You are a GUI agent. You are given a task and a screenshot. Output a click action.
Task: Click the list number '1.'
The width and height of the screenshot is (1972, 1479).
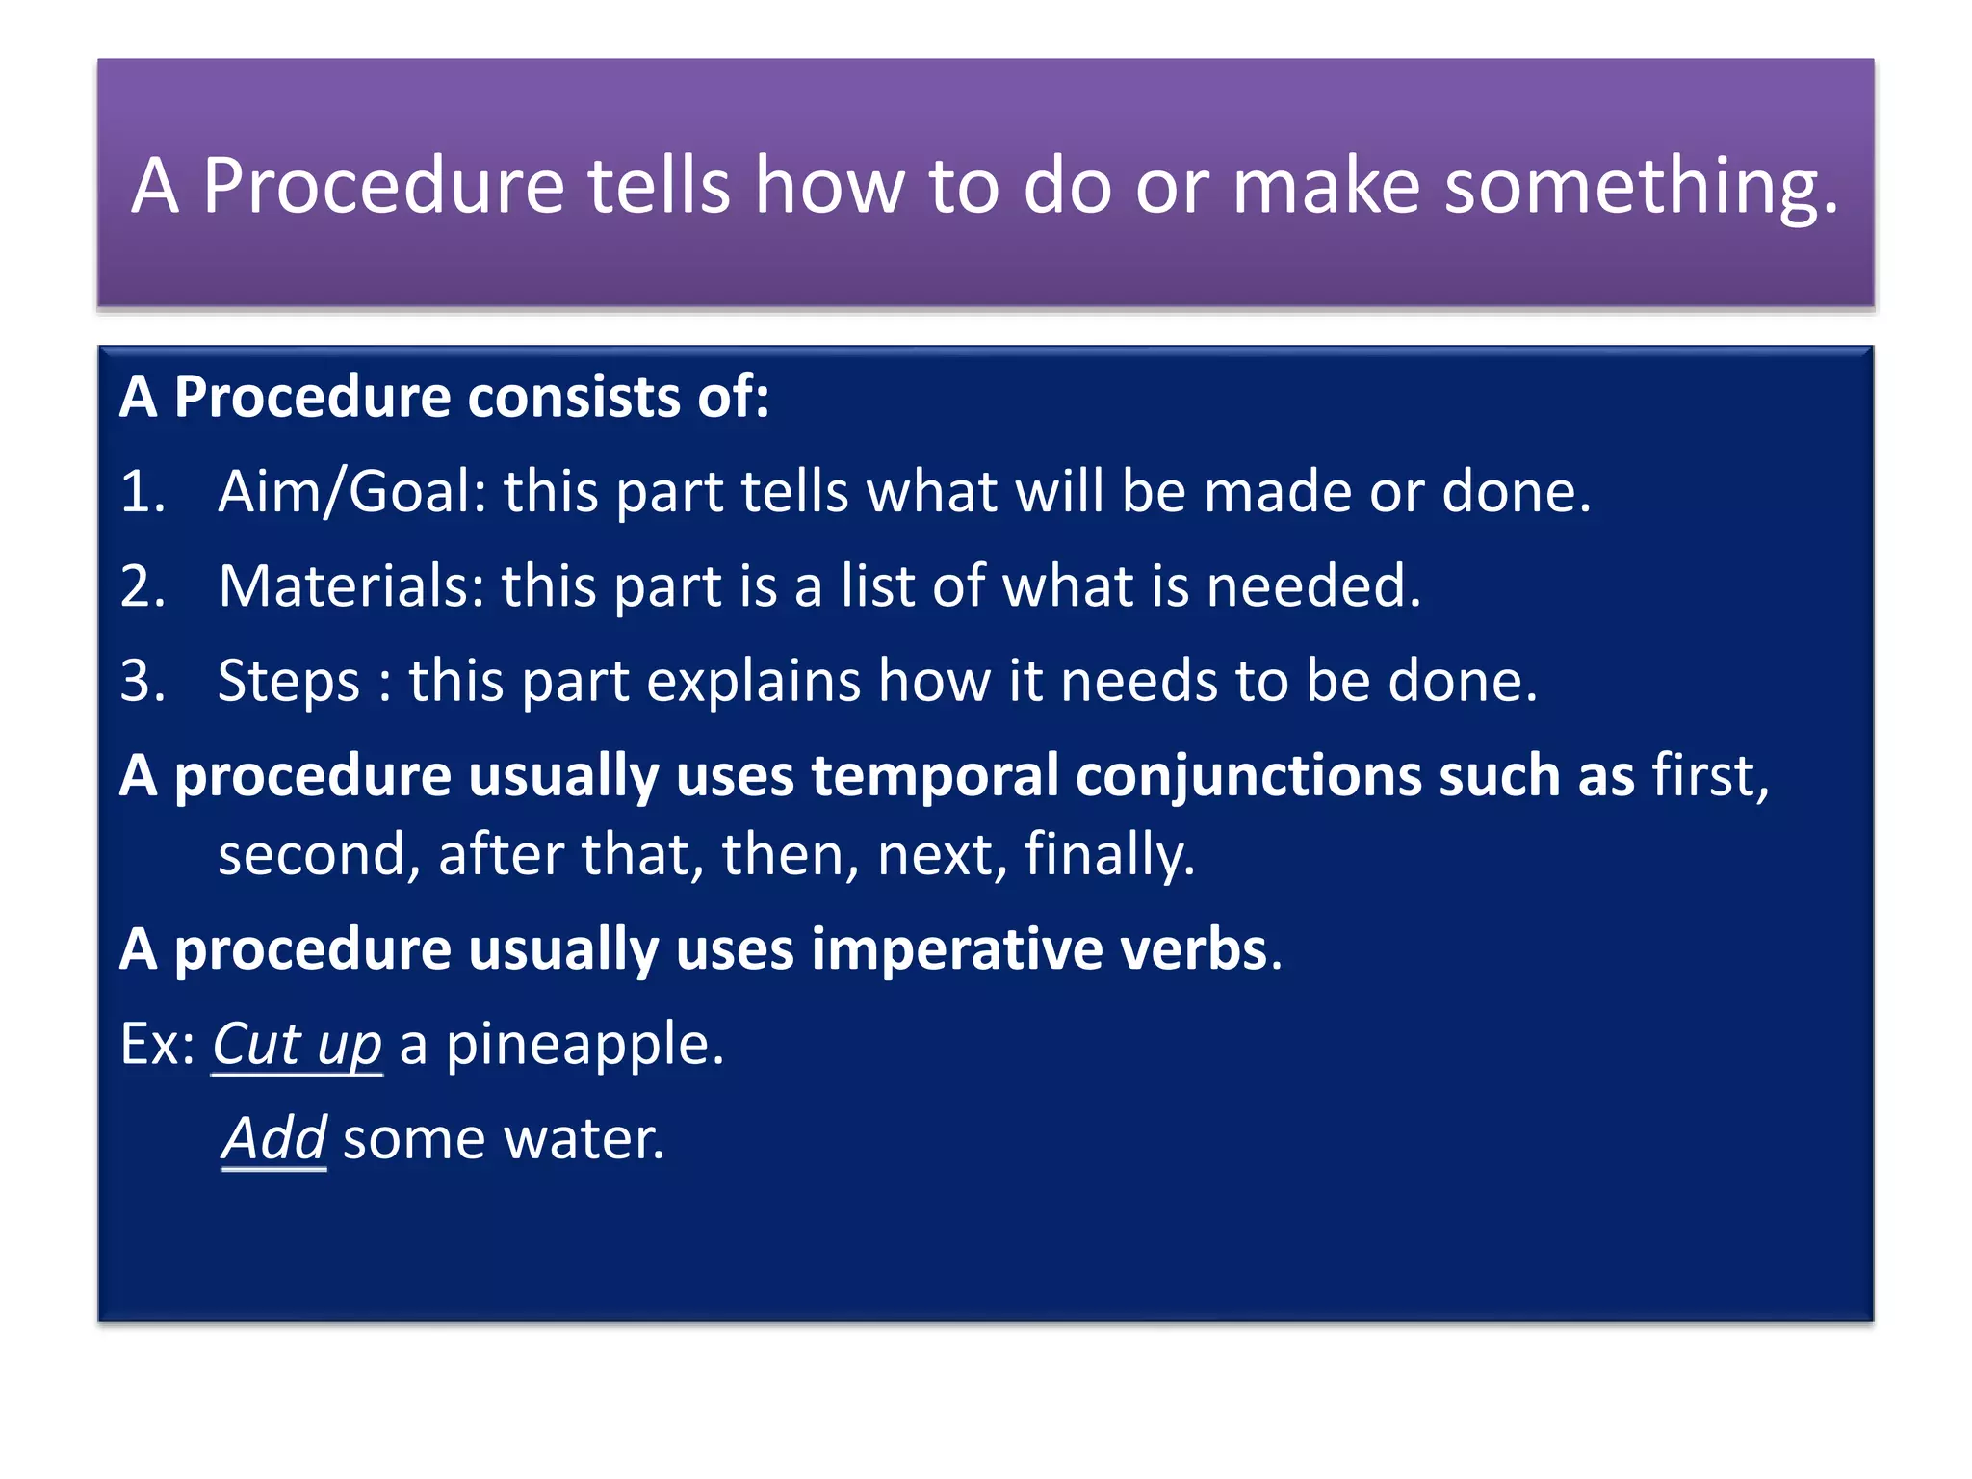(143, 491)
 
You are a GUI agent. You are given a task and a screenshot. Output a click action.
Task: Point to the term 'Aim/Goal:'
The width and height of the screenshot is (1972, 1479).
(352, 491)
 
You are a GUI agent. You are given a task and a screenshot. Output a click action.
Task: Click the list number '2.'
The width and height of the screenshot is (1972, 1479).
(143, 585)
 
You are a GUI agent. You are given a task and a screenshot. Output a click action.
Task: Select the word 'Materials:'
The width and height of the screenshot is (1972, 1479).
(351, 585)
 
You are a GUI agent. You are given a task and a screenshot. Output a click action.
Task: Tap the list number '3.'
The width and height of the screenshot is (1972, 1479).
(143, 680)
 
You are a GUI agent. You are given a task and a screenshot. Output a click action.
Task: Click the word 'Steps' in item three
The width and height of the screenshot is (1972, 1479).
(289, 682)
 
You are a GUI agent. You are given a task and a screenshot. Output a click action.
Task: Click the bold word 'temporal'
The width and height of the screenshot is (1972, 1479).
(934, 776)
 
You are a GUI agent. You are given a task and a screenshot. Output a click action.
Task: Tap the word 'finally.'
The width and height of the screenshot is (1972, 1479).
(1109, 855)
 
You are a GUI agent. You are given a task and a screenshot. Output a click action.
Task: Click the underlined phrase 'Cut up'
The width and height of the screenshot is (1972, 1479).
(297, 1044)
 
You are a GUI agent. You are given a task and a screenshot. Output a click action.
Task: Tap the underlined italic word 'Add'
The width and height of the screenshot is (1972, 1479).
(274, 1138)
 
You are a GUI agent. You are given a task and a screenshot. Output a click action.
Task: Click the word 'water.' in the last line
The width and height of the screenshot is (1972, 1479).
(584, 1139)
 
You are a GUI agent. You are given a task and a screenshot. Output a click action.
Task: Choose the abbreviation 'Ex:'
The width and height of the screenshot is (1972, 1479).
(157, 1044)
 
